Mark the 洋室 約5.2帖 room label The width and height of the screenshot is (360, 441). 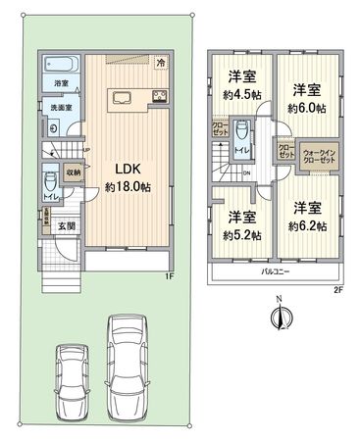[239, 225]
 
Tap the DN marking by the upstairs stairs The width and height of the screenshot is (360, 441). [246, 174]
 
